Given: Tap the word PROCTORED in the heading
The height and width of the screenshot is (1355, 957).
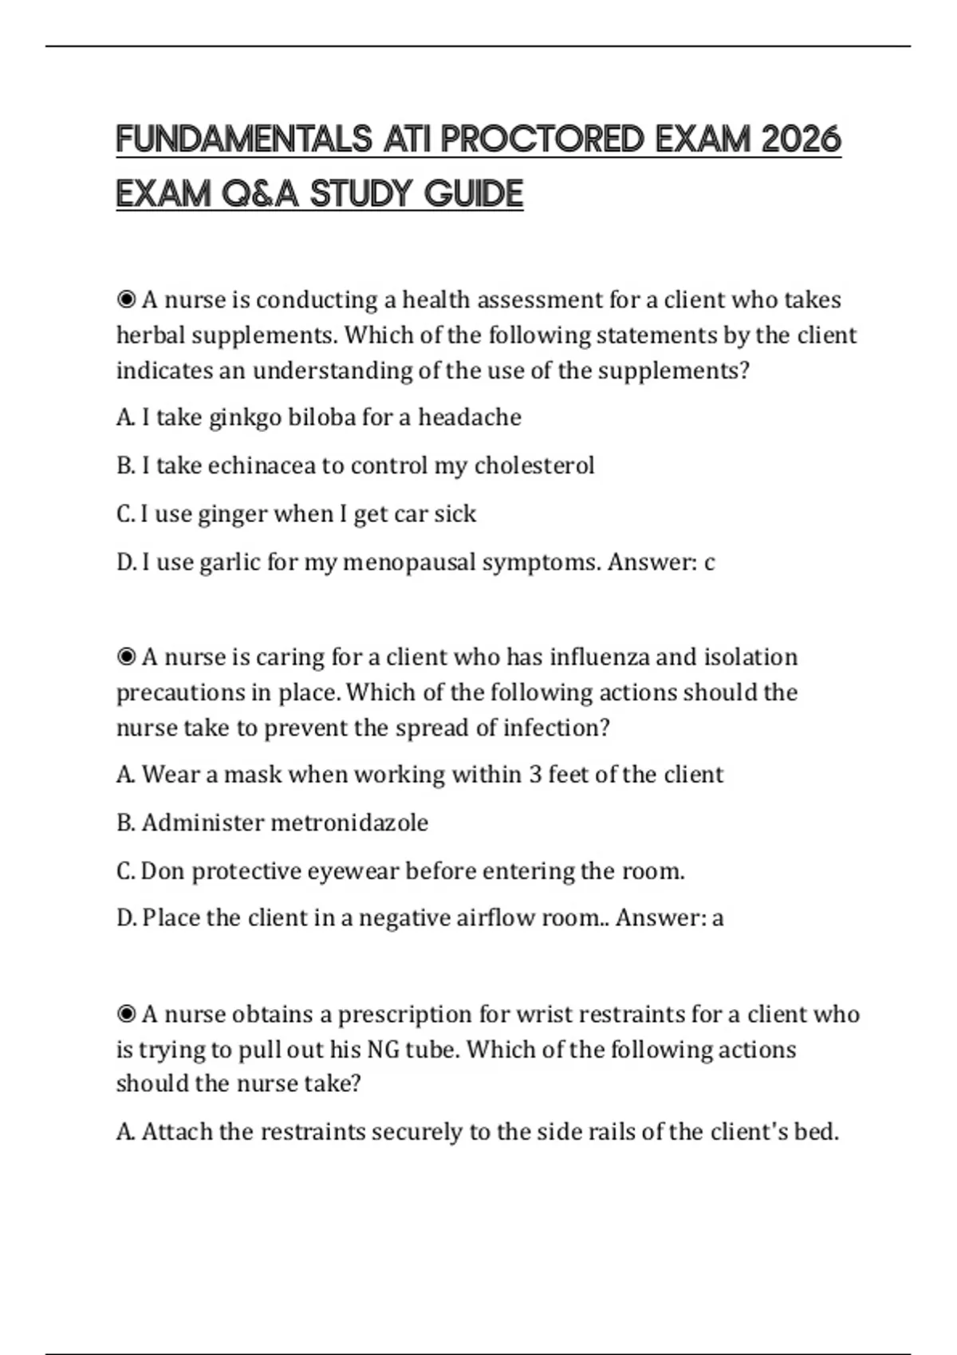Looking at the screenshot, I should click(542, 139).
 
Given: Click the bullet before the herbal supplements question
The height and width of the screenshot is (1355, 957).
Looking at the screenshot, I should click(126, 300).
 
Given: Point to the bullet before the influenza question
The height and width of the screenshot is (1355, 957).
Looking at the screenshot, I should click(126, 658).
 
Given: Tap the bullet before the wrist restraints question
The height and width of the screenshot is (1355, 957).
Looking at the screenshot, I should click(126, 1015).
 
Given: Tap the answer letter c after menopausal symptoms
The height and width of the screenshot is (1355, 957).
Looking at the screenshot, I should click(709, 564).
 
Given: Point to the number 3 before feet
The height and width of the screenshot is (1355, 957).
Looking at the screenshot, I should click(535, 775).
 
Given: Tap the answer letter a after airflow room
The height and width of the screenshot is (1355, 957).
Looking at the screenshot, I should click(718, 919).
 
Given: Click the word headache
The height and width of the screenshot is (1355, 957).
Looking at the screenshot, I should click(470, 418).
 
